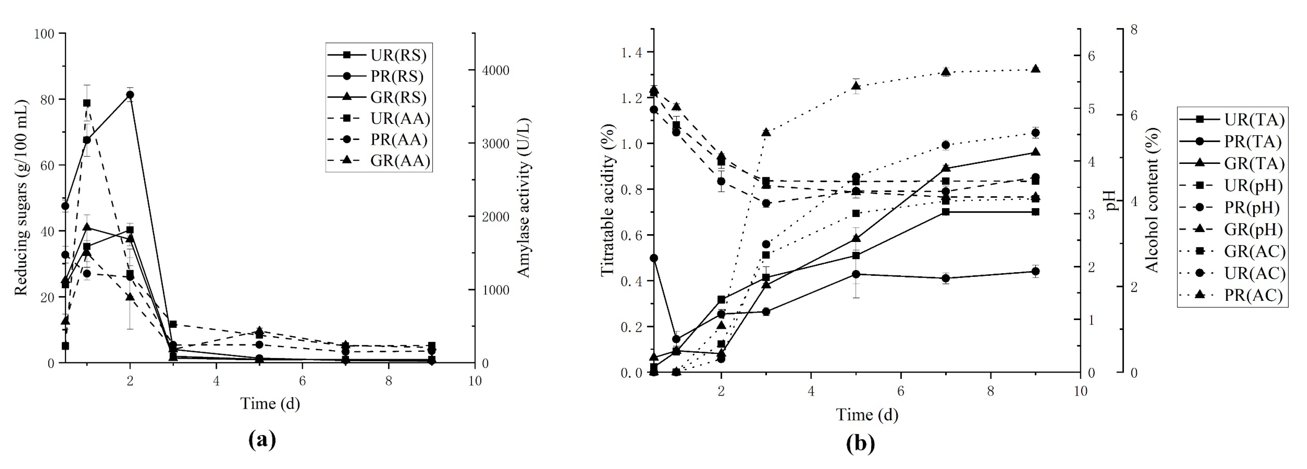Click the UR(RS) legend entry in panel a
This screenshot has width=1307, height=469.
coord(378,55)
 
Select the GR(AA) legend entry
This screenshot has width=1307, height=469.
coord(378,160)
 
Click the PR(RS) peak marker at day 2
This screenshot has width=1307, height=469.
coord(130,95)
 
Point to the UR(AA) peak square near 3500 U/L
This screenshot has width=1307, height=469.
coord(87,103)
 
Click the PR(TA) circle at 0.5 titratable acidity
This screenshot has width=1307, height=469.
coord(654,258)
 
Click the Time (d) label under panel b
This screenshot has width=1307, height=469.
coord(866,415)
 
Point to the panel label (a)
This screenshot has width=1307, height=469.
coord(262,439)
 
